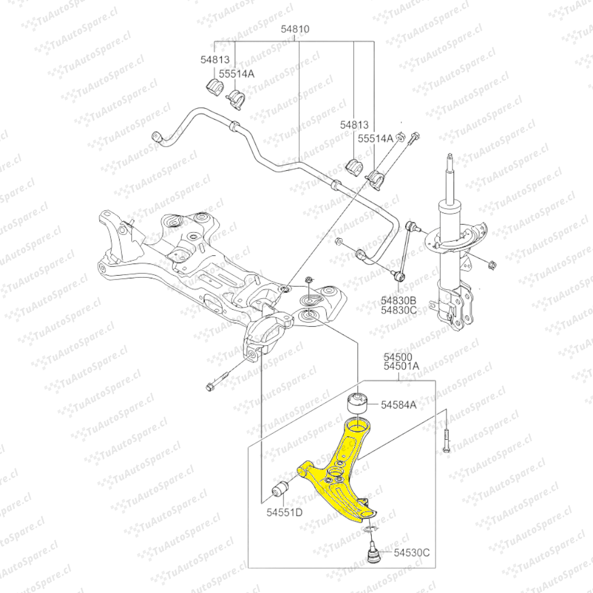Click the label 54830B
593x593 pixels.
(x=399, y=300)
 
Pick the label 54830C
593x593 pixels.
(x=399, y=310)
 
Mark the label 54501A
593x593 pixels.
(x=401, y=366)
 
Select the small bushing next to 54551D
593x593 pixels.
(x=281, y=488)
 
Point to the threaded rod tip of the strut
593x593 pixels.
(x=450, y=159)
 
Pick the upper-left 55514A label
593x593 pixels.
(x=237, y=73)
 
